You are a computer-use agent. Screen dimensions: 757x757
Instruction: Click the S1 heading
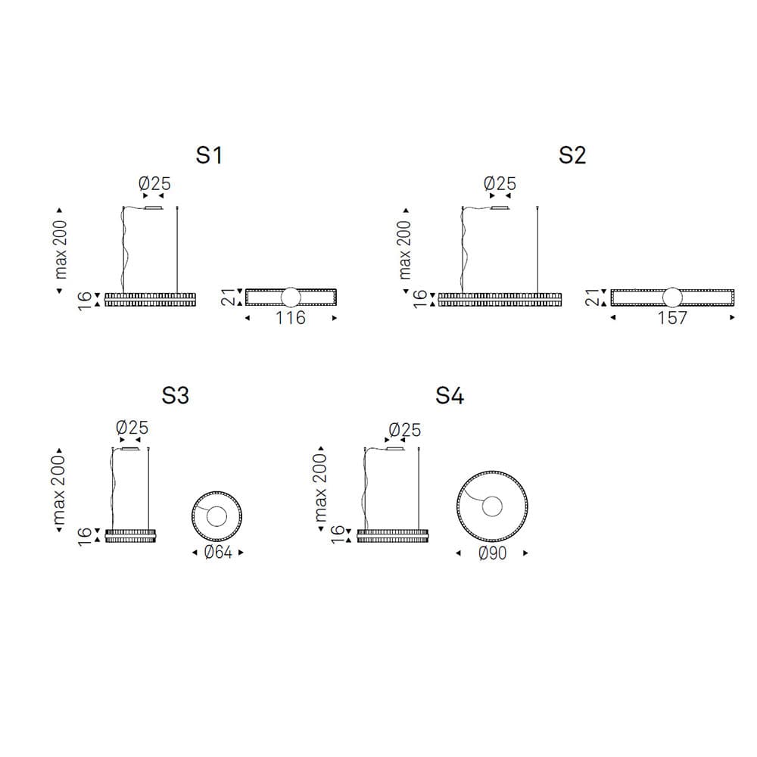coord(209,155)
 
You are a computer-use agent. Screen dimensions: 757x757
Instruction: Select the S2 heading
coord(572,155)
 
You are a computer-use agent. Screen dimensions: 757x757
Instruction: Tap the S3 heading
coord(176,396)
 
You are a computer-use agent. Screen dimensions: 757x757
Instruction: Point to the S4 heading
coord(450,396)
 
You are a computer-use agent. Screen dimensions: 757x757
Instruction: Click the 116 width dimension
coord(291,318)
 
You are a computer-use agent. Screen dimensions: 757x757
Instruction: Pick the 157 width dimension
coord(672,318)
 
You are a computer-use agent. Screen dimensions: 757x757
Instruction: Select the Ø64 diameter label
coord(218,552)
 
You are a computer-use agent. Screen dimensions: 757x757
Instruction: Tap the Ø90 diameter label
coord(493,553)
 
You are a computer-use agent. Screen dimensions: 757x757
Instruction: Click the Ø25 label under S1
coord(154,183)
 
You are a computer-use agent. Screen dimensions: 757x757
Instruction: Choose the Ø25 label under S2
coord(500,183)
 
